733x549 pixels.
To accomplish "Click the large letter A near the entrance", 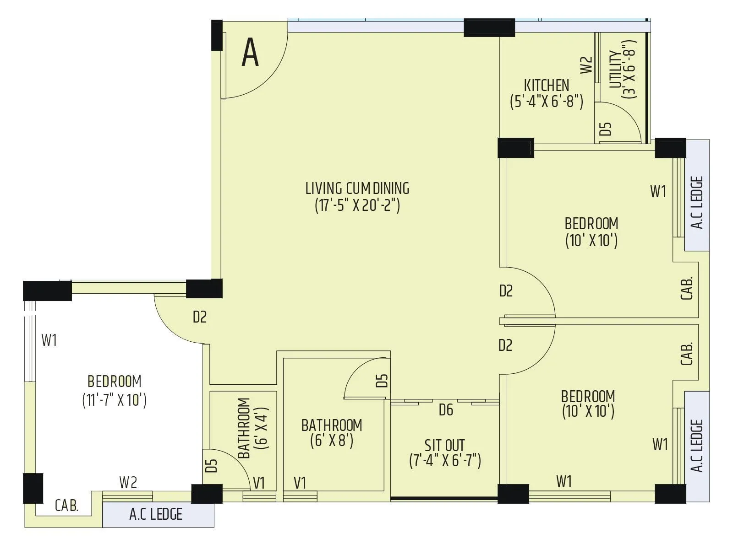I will pyautogui.click(x=250, y=53).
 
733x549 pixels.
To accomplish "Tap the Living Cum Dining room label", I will pyautogui.click(x=357, y=188).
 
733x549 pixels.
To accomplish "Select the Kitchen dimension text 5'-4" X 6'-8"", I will pyautogui.click(x=547, y=101).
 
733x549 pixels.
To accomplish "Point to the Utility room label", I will pyautogui.click(x=616, y=69).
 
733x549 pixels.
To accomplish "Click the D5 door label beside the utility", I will pyautogui.click(x=606, y=129).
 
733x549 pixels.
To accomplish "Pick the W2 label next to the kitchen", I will pyautogui.click(x=586, y=65).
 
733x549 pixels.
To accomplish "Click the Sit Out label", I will pyautogui.click(x=444, y=445).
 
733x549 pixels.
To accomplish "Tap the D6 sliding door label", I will pyautogui.click(x=446, y=409).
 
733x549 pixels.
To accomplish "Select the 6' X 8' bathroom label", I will pyautogui.click(x=332, y=433).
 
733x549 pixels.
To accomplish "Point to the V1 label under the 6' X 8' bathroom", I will pyautogui.click(x=300, y=483).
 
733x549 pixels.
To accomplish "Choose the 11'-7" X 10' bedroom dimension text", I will pyautogui.click(x=114, y=400).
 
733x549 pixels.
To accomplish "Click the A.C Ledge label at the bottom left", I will pyautogui.click(x=156, y=514).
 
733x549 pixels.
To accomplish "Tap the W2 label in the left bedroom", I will pyautogui.click(x=128, y=482).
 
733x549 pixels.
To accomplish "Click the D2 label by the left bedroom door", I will pyautogui.click(x=200, y=317).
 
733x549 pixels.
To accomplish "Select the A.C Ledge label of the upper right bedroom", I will pyautogui.click(x=697, y=202).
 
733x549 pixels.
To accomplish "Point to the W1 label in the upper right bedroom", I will pyautogui.click(x=658, y=192).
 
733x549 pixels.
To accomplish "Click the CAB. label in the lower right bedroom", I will pyautogui.click(x=687, y=354).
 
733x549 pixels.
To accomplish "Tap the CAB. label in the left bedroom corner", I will pyautogui.click(x=67, y=506).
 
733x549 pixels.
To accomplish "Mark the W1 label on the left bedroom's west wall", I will pyautogui.click(x=49, y=340).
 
